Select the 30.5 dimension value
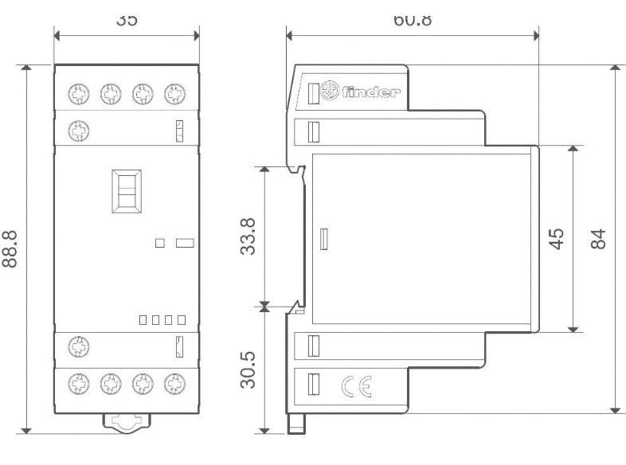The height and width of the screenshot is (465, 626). point(248,370)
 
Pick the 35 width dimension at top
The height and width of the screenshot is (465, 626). point(126,20)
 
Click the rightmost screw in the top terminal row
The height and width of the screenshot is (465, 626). point(173,92)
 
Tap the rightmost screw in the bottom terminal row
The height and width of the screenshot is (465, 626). point(173,382)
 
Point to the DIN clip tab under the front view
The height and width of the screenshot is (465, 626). point(126,423)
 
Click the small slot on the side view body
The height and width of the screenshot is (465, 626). point(323,240)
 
